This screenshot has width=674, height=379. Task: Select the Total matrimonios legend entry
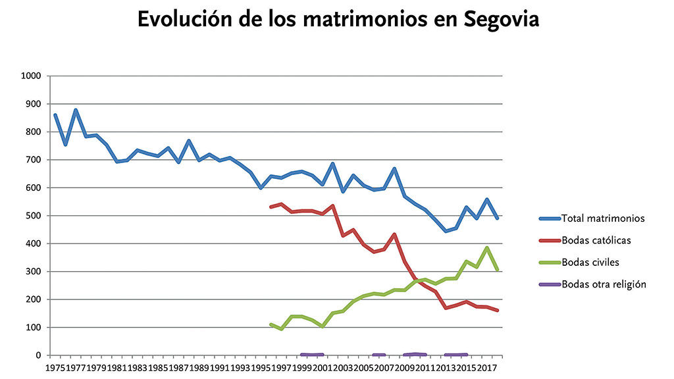602,218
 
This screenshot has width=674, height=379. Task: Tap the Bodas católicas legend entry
596,240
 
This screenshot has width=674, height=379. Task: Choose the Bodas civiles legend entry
591,262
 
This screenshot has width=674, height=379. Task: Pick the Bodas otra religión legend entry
604,284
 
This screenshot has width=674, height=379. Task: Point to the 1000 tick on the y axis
32,76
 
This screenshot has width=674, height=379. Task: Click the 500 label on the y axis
34,216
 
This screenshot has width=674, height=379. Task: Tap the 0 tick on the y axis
39,355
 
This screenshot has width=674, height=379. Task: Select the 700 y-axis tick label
34,160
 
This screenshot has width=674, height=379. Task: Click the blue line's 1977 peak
76,110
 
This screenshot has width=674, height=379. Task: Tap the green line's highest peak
487,248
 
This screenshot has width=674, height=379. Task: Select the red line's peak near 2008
394,234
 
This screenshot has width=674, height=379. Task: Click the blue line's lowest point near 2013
446,231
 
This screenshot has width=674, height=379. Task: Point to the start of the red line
271,207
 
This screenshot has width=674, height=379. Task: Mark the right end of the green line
498,269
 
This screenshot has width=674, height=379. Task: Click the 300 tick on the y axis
34,272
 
